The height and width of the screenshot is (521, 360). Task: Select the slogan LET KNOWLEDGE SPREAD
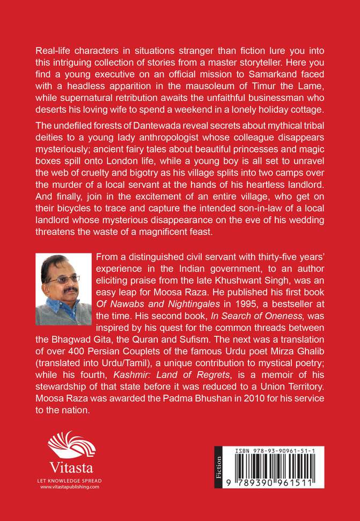click(64, 480)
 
